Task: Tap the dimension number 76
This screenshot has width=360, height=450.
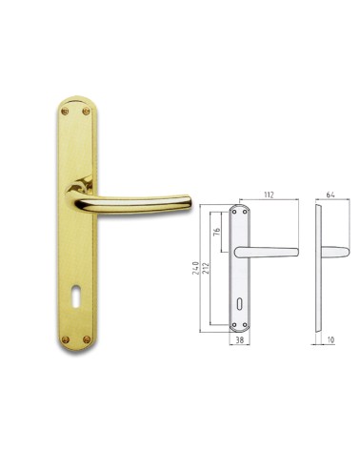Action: click(x=218, y=232)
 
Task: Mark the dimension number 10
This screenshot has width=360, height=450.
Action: click(x=329, y=338)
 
